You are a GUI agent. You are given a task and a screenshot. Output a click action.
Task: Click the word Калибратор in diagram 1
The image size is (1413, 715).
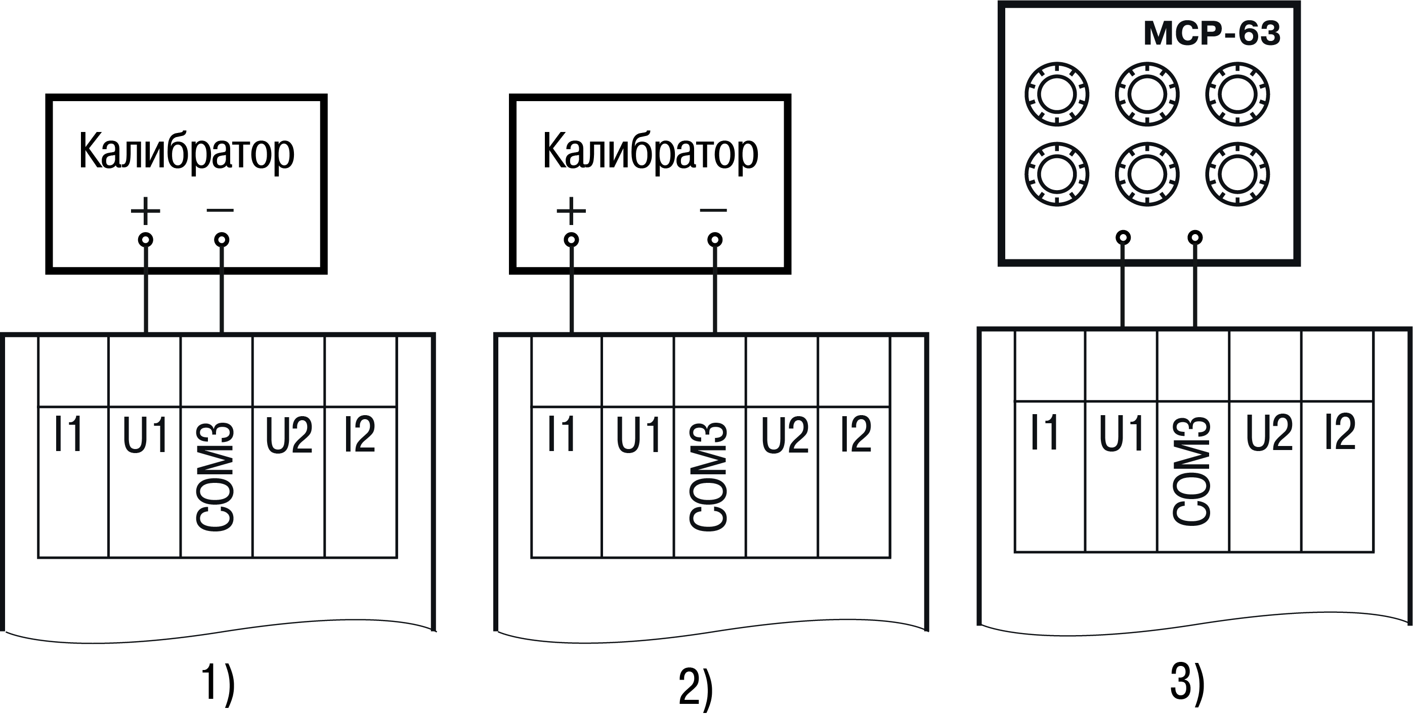click(x=187, y=152)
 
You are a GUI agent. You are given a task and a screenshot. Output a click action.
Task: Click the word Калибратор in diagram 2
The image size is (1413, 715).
click(x=650, y=152)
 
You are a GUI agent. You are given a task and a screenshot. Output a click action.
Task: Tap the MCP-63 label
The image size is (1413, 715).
click(x=1211, y=33)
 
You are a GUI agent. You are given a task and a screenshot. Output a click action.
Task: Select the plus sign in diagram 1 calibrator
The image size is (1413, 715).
click(x=145, y=210)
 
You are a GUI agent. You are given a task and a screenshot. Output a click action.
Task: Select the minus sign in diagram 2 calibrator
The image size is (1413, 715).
click(x=714, y=210)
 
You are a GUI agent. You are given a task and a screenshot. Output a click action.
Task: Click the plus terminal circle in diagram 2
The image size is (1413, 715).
click(x=572, y=240)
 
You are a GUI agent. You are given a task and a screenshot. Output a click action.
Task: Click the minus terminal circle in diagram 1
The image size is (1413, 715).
click(x=222, y=240)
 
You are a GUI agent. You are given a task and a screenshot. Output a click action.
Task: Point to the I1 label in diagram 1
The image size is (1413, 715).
click(x=69, y=434)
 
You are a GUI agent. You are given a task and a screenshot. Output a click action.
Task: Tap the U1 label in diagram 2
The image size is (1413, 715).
click(x=638, y=435)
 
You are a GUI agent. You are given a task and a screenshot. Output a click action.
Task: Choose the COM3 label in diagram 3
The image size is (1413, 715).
click(x=1192, y=470)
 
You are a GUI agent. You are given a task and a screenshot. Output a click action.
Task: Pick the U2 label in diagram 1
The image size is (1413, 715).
click(x=288, y=435)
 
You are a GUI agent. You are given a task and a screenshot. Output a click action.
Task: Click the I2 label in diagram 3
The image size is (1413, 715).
click(x=1341, y=432)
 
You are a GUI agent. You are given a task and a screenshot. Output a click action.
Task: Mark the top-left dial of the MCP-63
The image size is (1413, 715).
click(x=1056, y=94)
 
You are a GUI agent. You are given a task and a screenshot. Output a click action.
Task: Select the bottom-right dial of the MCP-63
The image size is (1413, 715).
click(x=1237, y=174)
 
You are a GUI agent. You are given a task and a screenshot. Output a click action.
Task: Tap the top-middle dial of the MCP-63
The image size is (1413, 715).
click(x=1147, y=94)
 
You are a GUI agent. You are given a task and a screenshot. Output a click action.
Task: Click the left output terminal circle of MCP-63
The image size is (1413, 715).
click(x=1123, y=238)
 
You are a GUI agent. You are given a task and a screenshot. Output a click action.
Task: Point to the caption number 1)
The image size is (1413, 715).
click(x=219, y=683)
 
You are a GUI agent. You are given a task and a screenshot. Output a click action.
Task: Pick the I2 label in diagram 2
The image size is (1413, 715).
click(x=855, y=434)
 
